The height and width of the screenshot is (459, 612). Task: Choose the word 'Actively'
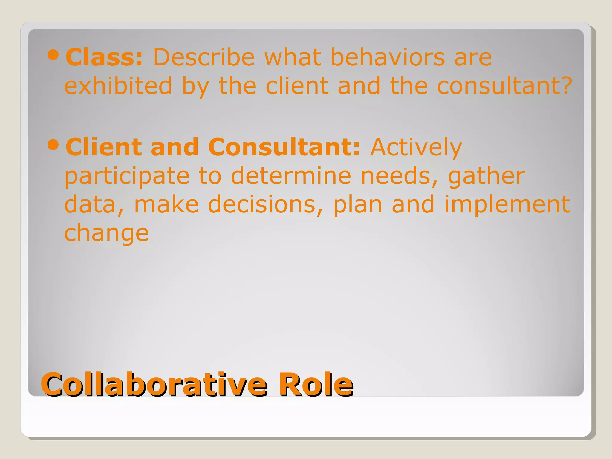(x=416, y=147)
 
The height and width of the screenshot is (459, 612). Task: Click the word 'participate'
(x=127, y=176)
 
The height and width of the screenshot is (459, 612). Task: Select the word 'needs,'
(x=399, y=176)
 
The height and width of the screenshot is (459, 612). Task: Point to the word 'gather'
(x=486, y=176)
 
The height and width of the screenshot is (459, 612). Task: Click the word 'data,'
(x=94, y=205)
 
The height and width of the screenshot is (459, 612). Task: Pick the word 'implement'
(x=507, y=205)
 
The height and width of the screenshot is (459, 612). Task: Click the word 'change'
(x=106, y=234)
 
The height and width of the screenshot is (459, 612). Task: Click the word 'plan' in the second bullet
(x=358, y=205)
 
